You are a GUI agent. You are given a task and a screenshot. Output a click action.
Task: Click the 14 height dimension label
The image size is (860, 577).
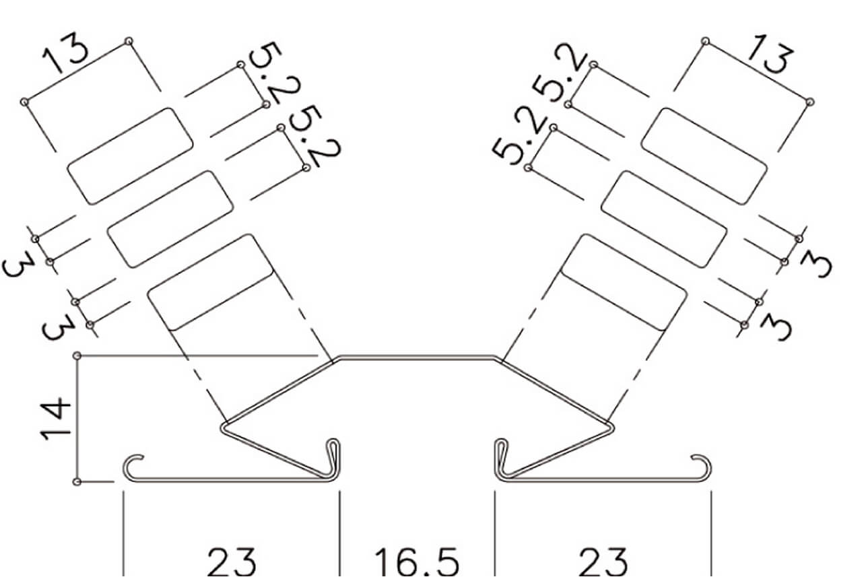[x=56, y=419]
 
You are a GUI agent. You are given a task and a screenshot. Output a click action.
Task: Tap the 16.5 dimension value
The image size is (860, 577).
[x=417, y=562]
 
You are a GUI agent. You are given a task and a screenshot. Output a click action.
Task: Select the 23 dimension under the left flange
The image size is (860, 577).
[x=232, y=562]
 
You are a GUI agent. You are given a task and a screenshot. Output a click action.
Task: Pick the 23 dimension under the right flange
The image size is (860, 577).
[x=603, y=562]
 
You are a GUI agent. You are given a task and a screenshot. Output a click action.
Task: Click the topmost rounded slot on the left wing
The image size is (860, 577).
[x=130, y=156]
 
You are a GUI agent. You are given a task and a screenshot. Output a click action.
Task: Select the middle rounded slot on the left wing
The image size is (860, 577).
[x=170, y=219]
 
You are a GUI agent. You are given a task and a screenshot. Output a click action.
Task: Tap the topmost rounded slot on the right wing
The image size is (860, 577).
[x=704, y=156]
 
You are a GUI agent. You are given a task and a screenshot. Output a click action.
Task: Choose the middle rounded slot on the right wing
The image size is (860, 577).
[x=664, y=219]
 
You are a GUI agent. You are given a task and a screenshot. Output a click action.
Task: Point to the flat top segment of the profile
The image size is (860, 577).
[x=417, y=358]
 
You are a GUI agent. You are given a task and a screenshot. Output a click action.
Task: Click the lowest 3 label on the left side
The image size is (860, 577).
[x=58, y=327]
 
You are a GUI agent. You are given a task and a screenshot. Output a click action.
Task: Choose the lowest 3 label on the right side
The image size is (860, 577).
[x=776, y=327]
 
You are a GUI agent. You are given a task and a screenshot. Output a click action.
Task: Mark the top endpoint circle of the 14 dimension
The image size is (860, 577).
[x=77, y=356]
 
